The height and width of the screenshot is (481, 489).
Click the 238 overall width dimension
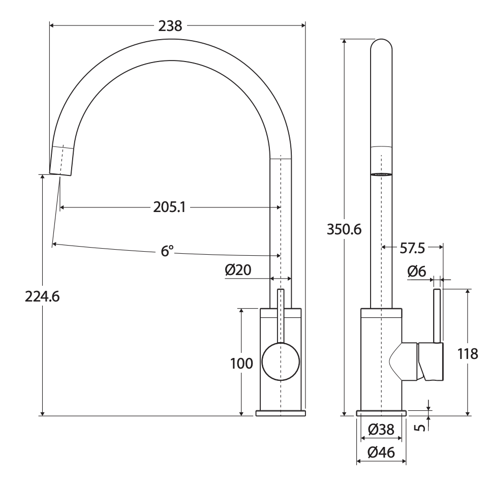click(x=170, y=26)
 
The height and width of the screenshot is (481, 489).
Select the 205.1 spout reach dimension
click(x=170, y=207)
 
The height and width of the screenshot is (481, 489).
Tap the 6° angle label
click(x=168, y=251)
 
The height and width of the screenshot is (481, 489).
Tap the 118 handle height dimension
click(x=467, y=353)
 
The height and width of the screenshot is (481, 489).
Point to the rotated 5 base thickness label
click(x=420, y=427)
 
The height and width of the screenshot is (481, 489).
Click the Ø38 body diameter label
click(x=381, y=430)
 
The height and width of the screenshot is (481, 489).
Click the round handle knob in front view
click(x=280, y=362)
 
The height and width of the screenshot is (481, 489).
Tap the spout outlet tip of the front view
click(x=60, y=170)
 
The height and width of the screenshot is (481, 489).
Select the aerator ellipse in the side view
click(x=381, y=174)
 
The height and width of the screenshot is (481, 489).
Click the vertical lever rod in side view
click(x=437, y=315)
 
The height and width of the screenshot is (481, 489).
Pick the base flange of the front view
click(x=280, y=413)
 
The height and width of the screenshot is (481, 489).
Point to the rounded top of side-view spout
click(x=381, y=46)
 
